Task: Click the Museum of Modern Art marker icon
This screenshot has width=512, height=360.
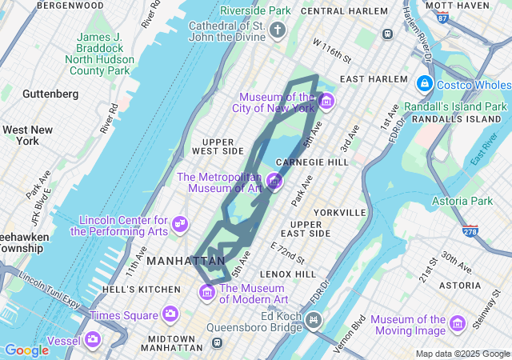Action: [x=207, y=293]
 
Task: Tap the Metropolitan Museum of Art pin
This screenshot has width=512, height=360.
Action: [x=274, y=182]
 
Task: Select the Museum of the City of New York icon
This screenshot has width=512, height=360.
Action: [x=326, y=102]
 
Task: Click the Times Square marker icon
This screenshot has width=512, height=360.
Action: [x=169, y=314]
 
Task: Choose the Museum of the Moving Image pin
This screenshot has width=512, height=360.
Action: [x=457, y=324]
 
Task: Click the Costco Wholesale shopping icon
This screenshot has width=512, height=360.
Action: [x=423, y=84]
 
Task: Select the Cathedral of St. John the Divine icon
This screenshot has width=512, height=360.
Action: [x=277, y=31]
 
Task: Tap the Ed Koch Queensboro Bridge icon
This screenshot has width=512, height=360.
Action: [x=314, y=321]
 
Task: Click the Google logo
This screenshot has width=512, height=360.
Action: [x=26, y=350]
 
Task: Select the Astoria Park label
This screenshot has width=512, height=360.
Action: [x=462, y=201]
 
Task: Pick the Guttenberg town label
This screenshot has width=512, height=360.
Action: [x=50, y=94]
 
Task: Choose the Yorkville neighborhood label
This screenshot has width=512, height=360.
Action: [x=340, y=212]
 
